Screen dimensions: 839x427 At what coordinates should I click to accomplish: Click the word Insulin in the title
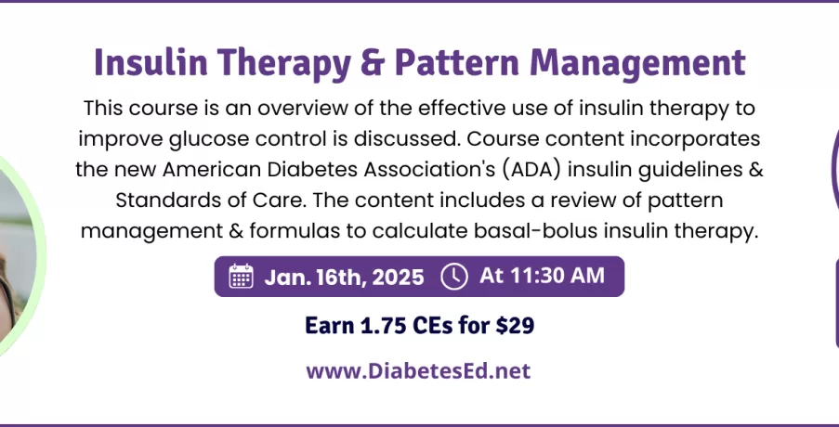[151, 62]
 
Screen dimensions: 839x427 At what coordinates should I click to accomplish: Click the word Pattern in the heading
[457, 62]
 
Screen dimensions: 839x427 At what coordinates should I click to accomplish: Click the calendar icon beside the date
[241, 277]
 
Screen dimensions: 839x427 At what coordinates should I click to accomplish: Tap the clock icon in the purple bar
[454, 277]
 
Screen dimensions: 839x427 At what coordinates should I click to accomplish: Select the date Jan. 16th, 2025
[344, 277]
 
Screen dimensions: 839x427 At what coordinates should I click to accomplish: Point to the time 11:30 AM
[557, 276]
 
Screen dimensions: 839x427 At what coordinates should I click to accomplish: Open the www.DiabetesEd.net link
[418, 371]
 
